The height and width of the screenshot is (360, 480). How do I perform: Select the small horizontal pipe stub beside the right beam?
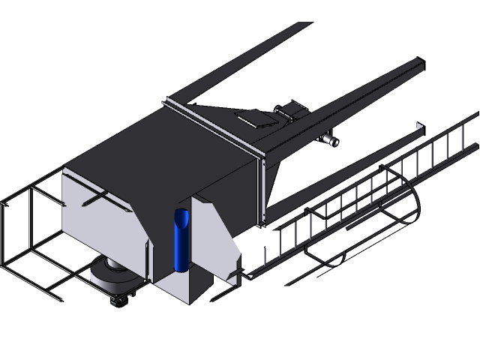pyautogui.click(x=329, y=140)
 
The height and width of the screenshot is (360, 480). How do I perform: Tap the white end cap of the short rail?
pyautogui.click(x=418, y=124)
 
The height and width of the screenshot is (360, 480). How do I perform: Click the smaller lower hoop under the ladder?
pyautogui.click(x=330, y=259)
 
